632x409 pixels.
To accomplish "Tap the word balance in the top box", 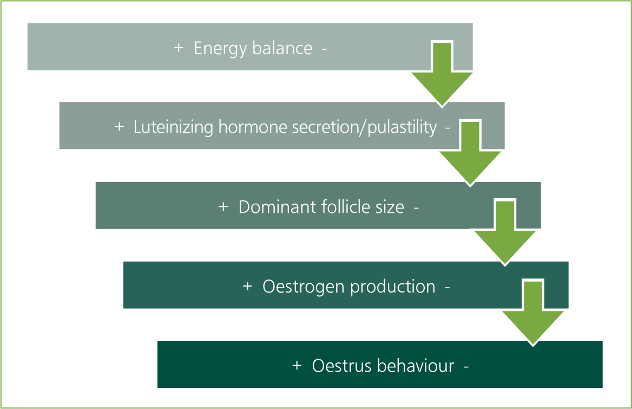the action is pyautogui.click(x=282, y=48).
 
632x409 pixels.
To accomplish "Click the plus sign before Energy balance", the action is pyautogui.click(x=179, y=48).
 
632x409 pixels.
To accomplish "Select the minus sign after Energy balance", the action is pyautogui.click(x=325, y=49).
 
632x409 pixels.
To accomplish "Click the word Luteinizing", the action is pyautogui.click(x=173, y=127).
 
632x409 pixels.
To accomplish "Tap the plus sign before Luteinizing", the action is pyautogui.click(x=119, y=127).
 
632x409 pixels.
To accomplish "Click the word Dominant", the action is pyautogui.click(x=277, y=207).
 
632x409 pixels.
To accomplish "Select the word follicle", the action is pyautogui.click(x=345, y=207).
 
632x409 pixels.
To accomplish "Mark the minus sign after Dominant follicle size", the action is pyautogui.click(x=416, y=208).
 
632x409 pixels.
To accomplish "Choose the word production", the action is pyautogui.click(x=393, y=287).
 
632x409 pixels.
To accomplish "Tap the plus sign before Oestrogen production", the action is pyautogui.click(x=247, y=287).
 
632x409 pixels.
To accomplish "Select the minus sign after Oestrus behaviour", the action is pyautogui.click(x=466, y=367).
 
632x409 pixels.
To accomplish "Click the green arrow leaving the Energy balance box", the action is pyautogui.click(x=442, y=74).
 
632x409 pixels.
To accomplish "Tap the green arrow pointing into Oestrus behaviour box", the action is pyautogui.click(x=534, y=313).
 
